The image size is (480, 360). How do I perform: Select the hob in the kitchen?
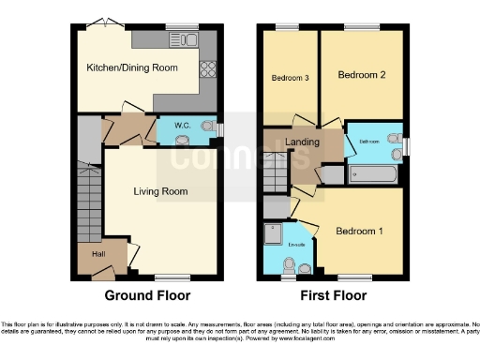click(206, 68)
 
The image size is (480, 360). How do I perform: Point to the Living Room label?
click(161, 191)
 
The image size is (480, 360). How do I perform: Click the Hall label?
click(97, 253)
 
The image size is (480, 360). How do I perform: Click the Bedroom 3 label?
click(291, 78)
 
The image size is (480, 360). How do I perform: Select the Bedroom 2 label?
click(361, 73)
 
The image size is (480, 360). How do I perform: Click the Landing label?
click(303, 142)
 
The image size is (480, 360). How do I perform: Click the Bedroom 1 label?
click(360, 230)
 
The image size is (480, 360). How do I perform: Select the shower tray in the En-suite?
click(274, 232)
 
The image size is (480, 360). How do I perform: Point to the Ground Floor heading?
click(147, 295)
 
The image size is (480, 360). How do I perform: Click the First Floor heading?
click(333, 295)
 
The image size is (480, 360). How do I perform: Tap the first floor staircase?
click(275, 172)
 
